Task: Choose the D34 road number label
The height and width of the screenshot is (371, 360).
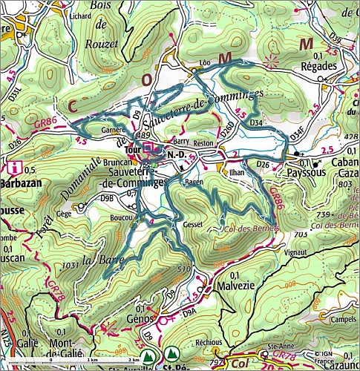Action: click(257, 121)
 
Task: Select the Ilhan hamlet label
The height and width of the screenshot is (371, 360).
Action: click(238, 171)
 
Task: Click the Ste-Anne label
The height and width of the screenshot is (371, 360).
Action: click(278, 346)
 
